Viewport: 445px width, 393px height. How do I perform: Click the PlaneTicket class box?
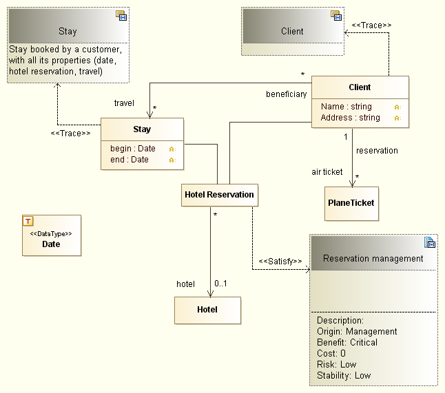coord(351,203)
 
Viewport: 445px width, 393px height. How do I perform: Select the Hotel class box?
coord(207,310)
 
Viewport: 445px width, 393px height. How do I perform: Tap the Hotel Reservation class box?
coord(219,195)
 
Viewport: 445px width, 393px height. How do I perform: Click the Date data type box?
coord(51,235)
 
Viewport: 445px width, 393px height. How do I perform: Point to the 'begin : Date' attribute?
coord(133,149)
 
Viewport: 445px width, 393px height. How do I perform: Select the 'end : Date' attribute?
coord(130,160)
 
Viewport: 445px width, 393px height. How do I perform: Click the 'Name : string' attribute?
coord(346,107)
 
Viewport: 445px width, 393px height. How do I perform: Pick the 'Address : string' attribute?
coord(350,118)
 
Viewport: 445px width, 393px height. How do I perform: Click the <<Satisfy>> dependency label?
coord(280,262)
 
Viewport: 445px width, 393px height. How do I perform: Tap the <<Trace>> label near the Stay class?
coord(70,133)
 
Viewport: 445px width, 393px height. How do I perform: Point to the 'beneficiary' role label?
coord(286,94)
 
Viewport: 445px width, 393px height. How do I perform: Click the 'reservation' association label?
coord(377,150)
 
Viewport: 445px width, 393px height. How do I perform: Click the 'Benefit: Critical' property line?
coord(347,342)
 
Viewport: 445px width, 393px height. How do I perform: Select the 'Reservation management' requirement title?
coord(373,259)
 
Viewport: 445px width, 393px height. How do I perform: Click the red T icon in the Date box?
coord(28,221)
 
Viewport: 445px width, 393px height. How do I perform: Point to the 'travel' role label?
coord(124,103)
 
